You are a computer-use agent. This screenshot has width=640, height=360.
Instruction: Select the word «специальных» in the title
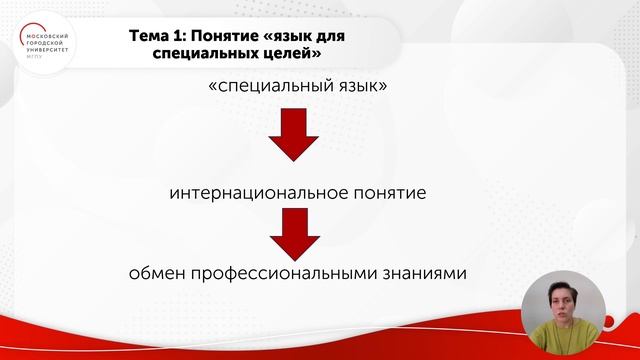206,55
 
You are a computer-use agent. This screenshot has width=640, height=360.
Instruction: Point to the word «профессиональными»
287,273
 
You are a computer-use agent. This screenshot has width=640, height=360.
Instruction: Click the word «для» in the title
336,36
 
